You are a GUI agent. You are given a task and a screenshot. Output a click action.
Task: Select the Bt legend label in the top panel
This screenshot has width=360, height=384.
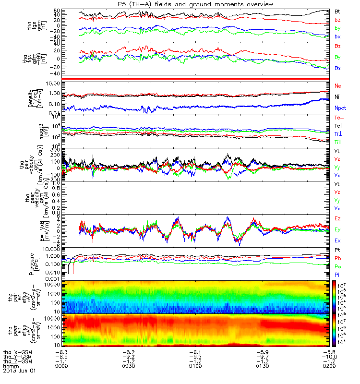pos(338,11)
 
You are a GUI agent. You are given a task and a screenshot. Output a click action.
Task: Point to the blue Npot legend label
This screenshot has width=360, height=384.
pos(340,108)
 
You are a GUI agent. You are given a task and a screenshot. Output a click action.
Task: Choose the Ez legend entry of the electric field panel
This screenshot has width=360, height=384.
pos(338,219)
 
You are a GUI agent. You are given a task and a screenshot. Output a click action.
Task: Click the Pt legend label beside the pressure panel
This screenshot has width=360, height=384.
pos(338,250)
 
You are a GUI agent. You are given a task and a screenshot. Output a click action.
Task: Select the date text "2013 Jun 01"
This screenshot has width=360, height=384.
pos(19,371)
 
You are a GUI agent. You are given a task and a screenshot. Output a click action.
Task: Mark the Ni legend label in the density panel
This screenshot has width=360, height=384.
pos(338,96)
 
